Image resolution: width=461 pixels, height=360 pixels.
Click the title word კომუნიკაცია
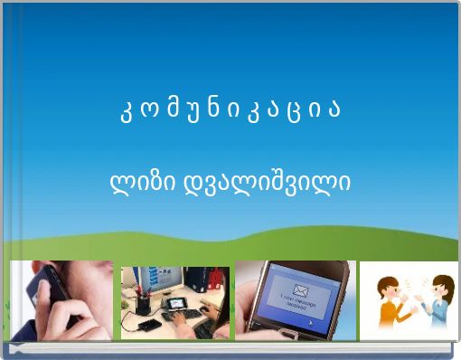tap(230, 112)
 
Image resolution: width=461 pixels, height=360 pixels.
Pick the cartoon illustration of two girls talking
tap(409, 300)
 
